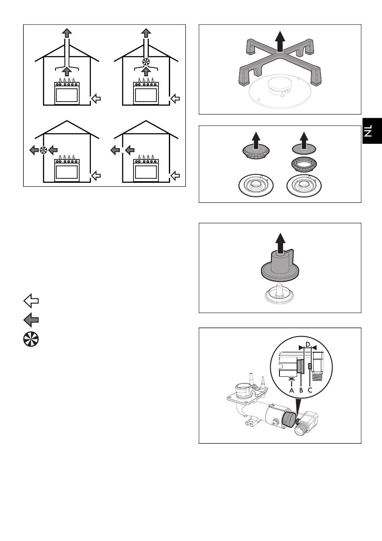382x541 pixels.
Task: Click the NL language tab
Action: point(372,131)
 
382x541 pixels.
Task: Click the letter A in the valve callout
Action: point(292,390)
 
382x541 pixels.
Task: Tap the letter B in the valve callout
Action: point(301,390)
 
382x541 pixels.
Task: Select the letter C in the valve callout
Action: point(310,390)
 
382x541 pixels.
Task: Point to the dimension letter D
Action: point(308,344)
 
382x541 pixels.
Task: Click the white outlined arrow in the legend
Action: point(31,301)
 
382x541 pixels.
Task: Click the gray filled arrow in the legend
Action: point(31,320)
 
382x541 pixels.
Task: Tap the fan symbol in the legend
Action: point(31,339)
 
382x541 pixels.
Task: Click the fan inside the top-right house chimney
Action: point(146,61)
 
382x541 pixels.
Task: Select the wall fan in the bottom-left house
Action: point(43,150)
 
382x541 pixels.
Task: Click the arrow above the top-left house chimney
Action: point(67,33)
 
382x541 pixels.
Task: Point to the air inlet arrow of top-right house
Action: point(175,98)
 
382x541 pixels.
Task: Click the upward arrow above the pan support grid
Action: point(280,41)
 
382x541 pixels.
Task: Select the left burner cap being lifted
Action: point(256,152)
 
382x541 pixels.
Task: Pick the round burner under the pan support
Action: point(280,88)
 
